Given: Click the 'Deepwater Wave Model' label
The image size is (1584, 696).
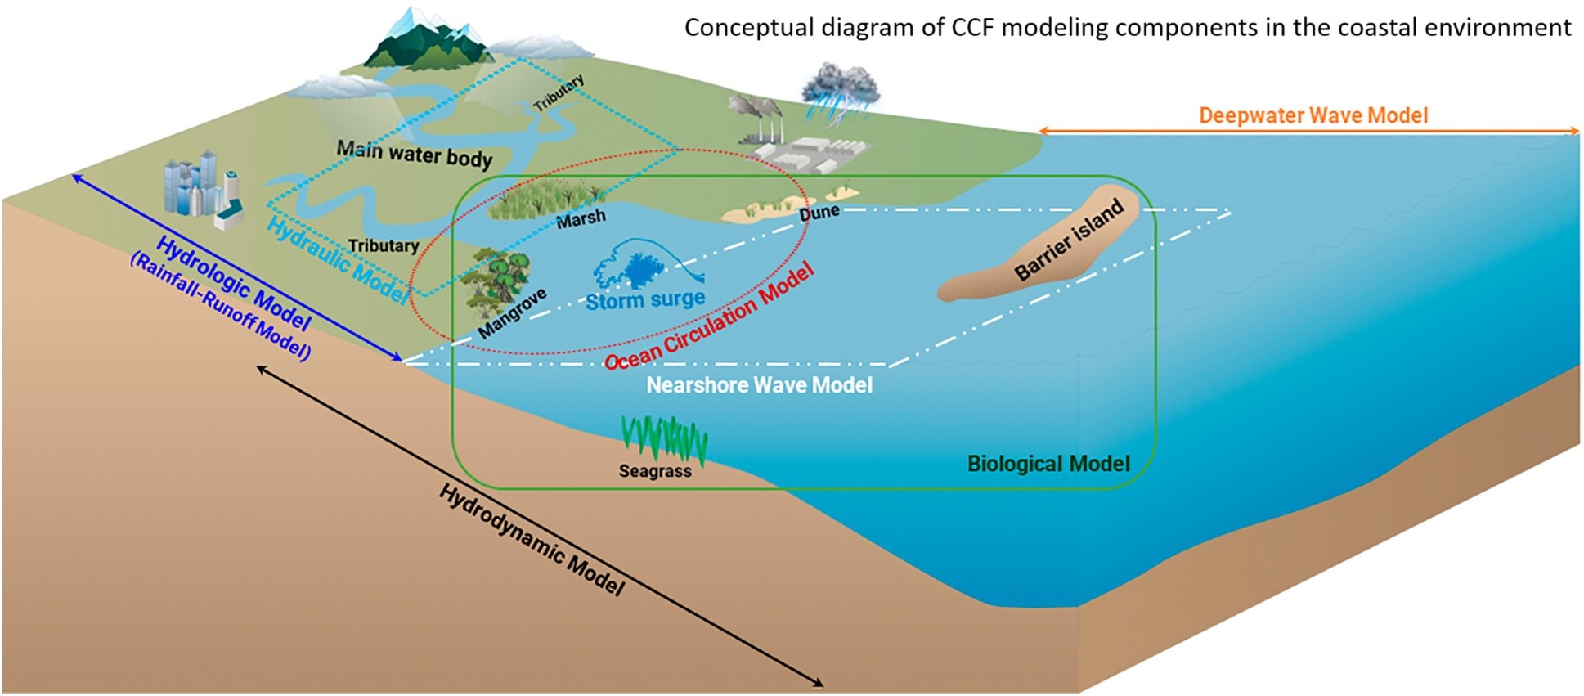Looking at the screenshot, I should [1313, 115].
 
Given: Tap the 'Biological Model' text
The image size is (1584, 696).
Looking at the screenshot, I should [1048, 464].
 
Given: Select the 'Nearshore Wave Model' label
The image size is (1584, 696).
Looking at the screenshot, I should [759, 384].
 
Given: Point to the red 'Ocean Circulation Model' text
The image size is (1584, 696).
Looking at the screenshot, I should [710, 317].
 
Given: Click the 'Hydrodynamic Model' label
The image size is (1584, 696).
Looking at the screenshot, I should [532, 540].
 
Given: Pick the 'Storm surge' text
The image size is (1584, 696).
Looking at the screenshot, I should [645, 299].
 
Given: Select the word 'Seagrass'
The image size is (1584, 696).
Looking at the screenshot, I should [655, 471].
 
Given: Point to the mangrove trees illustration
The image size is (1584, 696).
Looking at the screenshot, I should [496, 278].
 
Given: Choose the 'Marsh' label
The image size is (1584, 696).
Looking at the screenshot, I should [581, 218].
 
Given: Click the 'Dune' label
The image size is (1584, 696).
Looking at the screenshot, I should [819, 213].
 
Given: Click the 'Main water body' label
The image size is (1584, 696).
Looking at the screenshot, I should [415, 153].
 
